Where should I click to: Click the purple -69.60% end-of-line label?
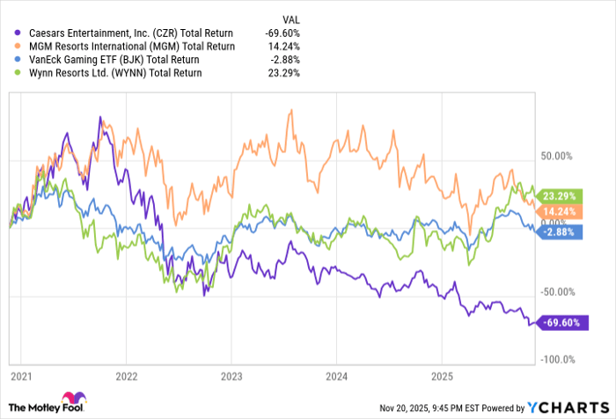pyautogui.click(x=558, y=323)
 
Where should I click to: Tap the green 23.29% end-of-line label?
pyautogui.click(x=558, y=195)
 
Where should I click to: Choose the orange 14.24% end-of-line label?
pyautogui.click(x=558, y=211)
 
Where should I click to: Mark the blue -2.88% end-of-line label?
pyautogui.click(x=558, y=231)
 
